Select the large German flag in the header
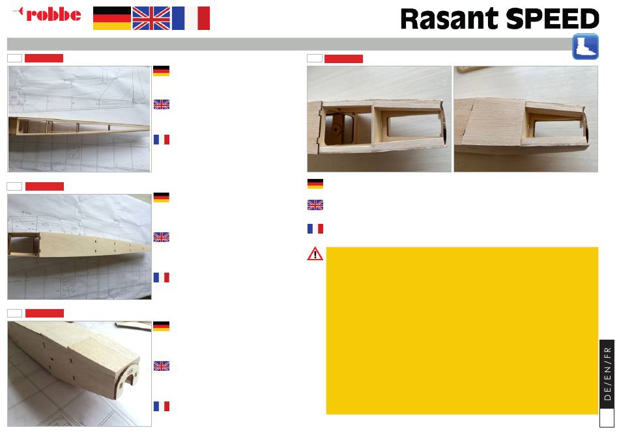tap(112, 18)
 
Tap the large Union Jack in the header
tap(151, 18)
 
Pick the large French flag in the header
tap(191, 18)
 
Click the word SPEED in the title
tap(553, 18)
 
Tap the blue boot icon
tap(586, 47)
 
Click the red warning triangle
tap(315, 254)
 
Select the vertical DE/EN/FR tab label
tap(607, 373)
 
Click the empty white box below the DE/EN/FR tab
tap(607, 418)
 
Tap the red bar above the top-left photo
tap(44, 59)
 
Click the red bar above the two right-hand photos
tap(343, 59)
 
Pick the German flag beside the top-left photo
tap(161, 71)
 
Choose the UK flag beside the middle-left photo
tap(161, 237)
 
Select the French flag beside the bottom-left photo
tap(161, 407)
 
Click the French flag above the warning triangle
tap(315, 228)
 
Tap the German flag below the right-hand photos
tap(315, 183)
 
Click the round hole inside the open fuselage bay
tap(336, 130)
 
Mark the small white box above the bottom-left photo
tap(14, 314)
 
